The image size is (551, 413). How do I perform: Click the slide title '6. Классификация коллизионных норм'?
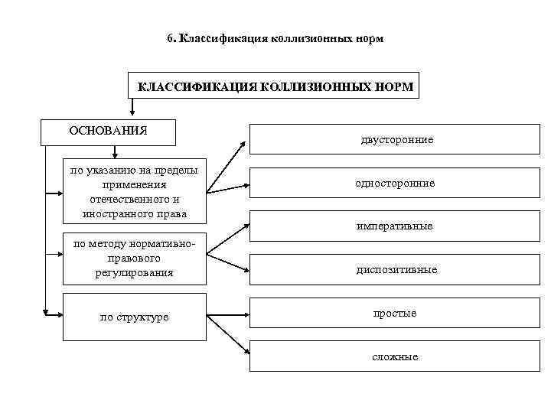(275, 37)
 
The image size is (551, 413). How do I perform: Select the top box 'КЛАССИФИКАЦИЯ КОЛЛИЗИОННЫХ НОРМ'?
(275, 86)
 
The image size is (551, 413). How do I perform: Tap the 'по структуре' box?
(135, 316)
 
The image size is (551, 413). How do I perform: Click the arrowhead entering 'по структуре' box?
(57, 314)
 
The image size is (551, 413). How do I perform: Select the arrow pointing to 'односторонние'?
(229, 187)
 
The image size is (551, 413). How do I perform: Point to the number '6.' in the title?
(171, 37)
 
